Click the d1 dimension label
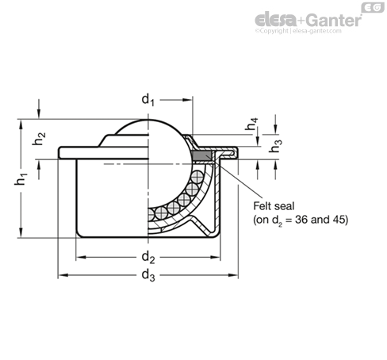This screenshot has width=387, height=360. pyautogui.click(x=148, y=100)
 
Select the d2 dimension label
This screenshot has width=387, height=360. pyautogui.click(x=148, y=257)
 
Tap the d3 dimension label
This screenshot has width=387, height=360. pyautogui.click(x=148, y=275)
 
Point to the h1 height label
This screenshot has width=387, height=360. pyautogui.click(x=21, y=179)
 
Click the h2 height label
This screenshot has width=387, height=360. pyautogui.click(x=39, y=139)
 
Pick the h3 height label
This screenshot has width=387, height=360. pyautogui.click(x=275, y=146)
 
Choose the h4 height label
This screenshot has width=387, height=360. pyautogui.click(x=251, y=124)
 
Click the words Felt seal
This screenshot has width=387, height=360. pyautogui.click(x=274, y=206)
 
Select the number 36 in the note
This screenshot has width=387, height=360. pyautogui.click(x=301, y=220)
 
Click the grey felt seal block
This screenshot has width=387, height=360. pyautogui.click(x=202, y=155)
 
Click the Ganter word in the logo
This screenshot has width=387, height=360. pyautogui.click(x=335, y=21)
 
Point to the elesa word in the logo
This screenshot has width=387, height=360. pyautogui.click(x=276, y=21)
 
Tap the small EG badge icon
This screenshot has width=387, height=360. pyautogui.click(x=373, y=7)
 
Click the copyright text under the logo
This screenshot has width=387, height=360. pyautogui.click(x=298, y=31)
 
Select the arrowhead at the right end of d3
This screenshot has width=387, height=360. pyautogui.click(x=233, y=275)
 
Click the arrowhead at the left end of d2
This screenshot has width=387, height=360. pyautogui.click(x=81, y=257)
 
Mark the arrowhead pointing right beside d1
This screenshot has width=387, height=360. pyautogui.click(x=187, y=100)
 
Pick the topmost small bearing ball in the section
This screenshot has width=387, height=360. pyautogui.click(x=197, y=177)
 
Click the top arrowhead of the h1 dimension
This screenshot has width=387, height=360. pyautogui.click(x=21, y=124)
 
